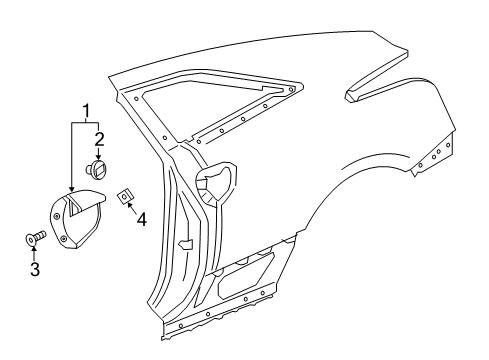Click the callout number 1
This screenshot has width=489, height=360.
tap(87, 109)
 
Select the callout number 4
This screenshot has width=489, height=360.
tap(141, 217)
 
